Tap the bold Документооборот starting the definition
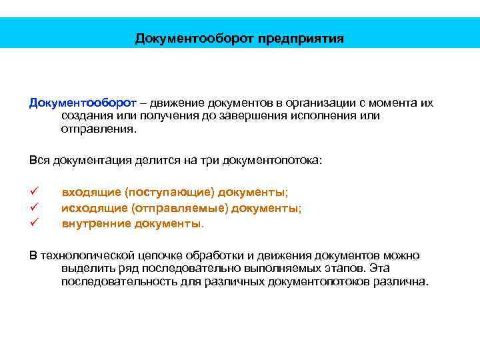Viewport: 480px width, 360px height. pyautogui.click(x=83, y=103)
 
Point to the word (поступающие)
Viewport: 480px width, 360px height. pyautogui.click(x=166, y=193)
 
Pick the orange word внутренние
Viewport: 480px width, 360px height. pyautogui.click(x=96, y=223)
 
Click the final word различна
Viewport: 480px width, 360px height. pyautogui.click(x=402, y=281)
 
